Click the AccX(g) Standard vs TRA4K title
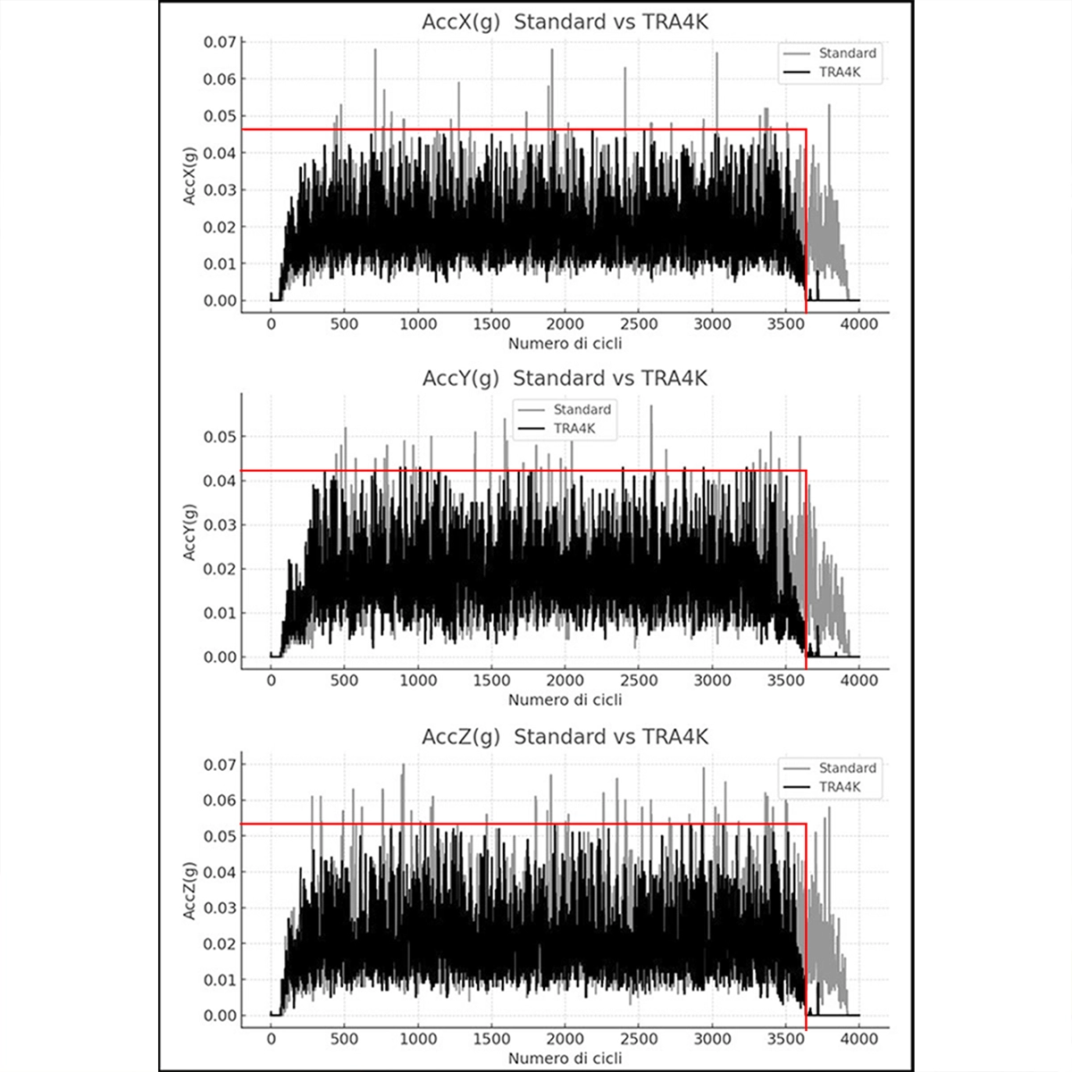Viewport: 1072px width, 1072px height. [x=565, y=22]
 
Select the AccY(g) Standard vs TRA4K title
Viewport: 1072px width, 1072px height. [x=565, y=379]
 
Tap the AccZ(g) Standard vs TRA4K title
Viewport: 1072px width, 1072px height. [x=565, y=737]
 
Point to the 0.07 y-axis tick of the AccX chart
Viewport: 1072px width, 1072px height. [x=220, y=42]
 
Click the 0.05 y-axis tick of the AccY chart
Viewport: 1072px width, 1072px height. [x=220, y=437]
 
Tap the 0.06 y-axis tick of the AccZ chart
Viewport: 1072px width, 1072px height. [x=220, y=800]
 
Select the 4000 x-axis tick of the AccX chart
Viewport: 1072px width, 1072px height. [x=859, y=324]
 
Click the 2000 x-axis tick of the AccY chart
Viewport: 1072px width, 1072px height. [x=565, y=681]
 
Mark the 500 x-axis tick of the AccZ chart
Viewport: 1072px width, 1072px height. [x=345, y=1039]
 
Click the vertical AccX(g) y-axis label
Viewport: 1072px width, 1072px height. [x=189, y=174]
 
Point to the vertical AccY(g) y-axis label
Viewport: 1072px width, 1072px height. [x=189, y=532]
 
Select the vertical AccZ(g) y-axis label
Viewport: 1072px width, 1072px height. [x=189, y=891]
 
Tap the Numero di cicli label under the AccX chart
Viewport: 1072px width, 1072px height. [x=565, y=343]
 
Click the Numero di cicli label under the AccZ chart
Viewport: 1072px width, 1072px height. [x=565, y=1059]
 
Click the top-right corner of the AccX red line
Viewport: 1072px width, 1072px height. [x=806, y=130]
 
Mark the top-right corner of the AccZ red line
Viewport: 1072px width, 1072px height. [x=806, y=824]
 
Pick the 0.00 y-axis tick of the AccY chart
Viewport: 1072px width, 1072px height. [x=220, y=657]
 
